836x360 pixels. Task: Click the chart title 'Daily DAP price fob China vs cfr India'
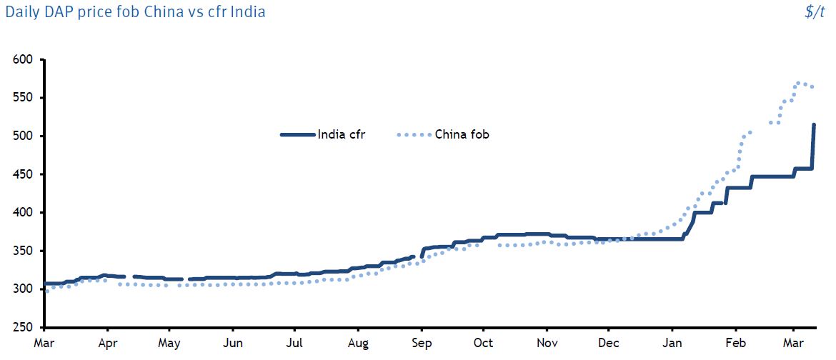point(136,12)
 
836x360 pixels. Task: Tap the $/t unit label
point(815,12)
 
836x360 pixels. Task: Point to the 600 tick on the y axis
point(24,59)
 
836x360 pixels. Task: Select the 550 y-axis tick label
point(24,98)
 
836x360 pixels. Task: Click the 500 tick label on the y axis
point(24,136)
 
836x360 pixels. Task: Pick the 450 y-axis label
point(24,174)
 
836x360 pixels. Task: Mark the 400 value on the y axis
point(24,213)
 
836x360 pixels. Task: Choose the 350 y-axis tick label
point(24,251)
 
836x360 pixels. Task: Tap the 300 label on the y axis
point(24,289)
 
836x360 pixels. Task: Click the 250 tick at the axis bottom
point(24,328)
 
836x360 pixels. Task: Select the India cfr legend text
point(342,134)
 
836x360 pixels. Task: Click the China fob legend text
point(462,134)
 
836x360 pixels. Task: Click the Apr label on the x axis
point(107,344)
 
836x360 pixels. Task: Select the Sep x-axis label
point(422,344)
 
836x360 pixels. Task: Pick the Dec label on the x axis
point(609,344)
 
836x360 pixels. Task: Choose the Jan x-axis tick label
point(672,344)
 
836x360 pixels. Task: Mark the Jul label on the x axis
point(294,344)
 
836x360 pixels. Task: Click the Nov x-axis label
point(547,344)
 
